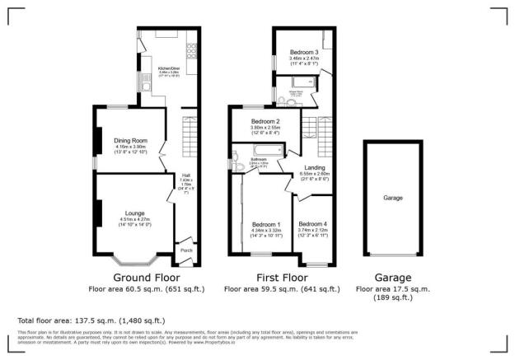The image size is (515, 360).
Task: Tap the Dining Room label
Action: tap(129, 141)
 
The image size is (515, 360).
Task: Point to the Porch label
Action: tap(186, 250)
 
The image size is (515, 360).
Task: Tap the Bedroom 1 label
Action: tap(266, 225)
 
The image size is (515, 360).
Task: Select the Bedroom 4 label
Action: tap(312, 225)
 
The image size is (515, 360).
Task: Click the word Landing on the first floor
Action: tap(315, 167)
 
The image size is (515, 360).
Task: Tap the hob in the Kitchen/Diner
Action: tap(191, 49)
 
